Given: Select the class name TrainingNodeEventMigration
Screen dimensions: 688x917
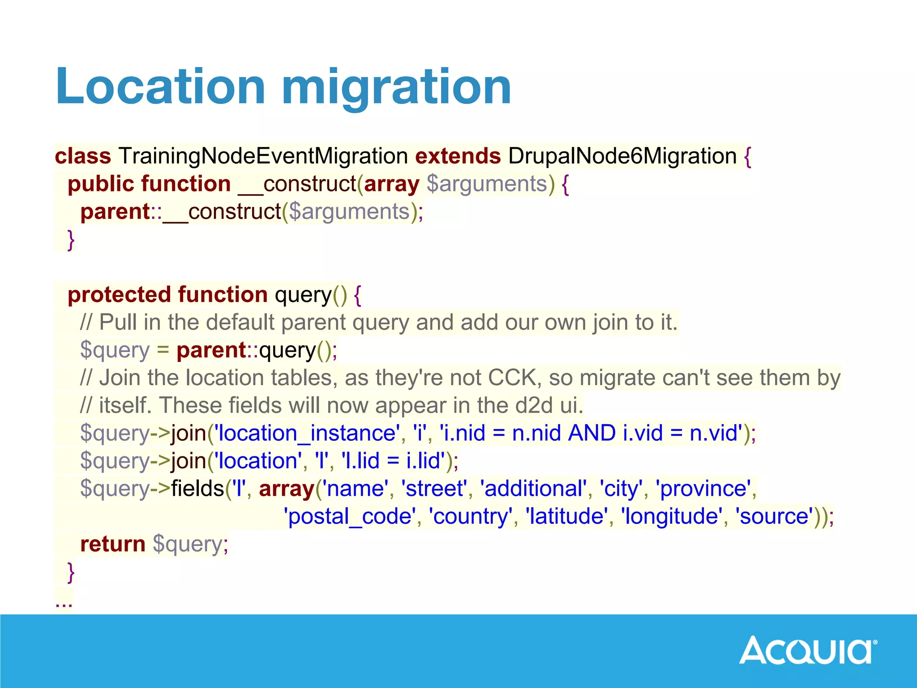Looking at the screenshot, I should (x=263, y=156).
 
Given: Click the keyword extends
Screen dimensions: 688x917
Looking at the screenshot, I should (x=458, y=156).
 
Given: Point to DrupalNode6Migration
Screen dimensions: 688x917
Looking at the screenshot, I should (x=622, y=156).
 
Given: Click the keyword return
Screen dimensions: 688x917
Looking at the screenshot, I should (x=112, y=544).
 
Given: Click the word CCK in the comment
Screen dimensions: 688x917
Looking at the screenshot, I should (x=512, y=378).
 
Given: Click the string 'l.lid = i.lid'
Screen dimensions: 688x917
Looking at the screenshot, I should (x=393, y=461).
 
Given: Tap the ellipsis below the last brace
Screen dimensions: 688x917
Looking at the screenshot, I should (x=64, y=603).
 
